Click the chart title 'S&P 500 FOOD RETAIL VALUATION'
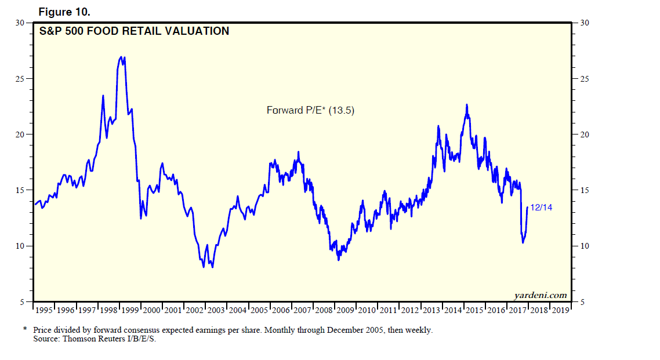coord(134,31)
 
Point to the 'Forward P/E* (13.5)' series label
coord(310,110)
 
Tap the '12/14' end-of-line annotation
coord(541,208)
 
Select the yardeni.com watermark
coord(540,296)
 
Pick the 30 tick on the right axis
coord(583,23)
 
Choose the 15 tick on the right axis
coord(583,190)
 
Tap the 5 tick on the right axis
coord(582,302)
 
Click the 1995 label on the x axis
coord(45,311)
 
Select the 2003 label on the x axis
coord(216,311)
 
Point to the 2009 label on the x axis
coord(345,311)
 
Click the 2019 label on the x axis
coord(560,311)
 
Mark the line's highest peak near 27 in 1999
coord(121,57)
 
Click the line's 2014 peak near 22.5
coord(466,105)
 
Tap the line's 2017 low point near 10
coord(523,242)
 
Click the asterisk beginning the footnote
coord(25,329)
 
